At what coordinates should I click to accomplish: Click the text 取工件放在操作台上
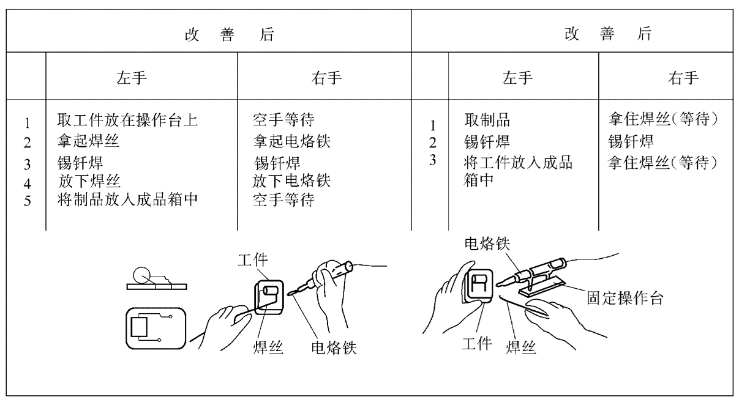click(x=127, y=120)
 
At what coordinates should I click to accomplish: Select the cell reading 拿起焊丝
click(x=88, y=141)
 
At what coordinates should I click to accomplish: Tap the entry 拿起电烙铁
click(x=291, y=141)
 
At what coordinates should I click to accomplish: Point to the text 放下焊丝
click(x=89, y=181)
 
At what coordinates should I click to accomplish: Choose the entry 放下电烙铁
click(x=291, y=181)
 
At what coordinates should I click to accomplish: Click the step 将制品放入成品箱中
click(x=127, y=199)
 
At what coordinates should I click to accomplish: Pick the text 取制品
click(x=487, y=120)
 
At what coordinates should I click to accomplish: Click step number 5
click(x=28, y=201)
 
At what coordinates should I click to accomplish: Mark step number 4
click(x=28, y=184)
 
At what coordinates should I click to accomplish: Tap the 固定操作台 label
click(x=625, y=298)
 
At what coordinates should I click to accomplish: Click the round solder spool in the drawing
click(x=141, y=276)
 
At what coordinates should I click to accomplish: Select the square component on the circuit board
click(x=139, y=327)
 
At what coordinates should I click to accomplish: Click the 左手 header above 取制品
click(x=517, y=78)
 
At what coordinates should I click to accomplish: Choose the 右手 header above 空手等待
click(x=326, y=78)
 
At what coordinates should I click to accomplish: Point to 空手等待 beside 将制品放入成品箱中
click(x=283, y=199)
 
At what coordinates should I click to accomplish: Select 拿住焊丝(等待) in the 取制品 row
click(x=663, y=119)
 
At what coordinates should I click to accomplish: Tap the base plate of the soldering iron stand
click(x=542, y=286)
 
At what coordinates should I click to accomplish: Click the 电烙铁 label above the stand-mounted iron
click(x=487, y=244)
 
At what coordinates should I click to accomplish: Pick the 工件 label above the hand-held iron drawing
click(x=253, y=260)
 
